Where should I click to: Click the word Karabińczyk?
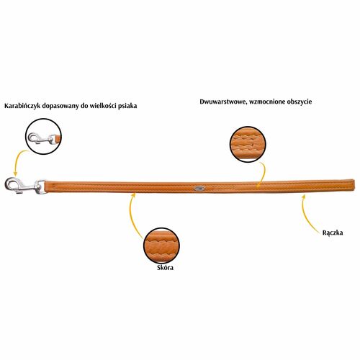click(22, 106)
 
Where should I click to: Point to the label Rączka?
click(333, 233)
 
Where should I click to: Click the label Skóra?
click(165, 267)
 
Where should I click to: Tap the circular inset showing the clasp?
click(43, 136)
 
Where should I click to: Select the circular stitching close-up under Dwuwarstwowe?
click(248, 144)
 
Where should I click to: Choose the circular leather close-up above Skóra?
click(161, 246)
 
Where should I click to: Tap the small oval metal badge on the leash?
click(199, 189)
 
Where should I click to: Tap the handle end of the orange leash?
click(351, 186)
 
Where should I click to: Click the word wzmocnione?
click(265, 102)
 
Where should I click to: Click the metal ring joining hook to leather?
click(41, 187)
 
